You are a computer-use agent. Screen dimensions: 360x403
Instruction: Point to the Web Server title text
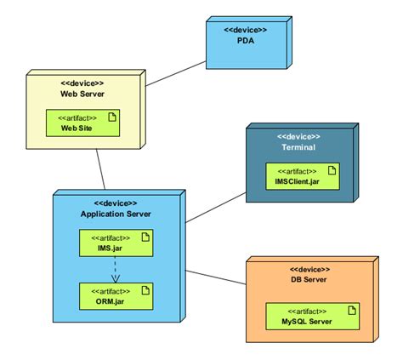click(x=82, y=94)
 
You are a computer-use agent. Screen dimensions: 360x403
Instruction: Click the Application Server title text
click(x=116, y=214)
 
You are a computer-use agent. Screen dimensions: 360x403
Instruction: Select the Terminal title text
click(x=298, y=147)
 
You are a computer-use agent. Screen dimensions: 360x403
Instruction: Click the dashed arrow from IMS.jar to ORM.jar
click(x=115, y=269)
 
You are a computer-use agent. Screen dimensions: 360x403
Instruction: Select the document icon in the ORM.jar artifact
click(x=144, y=291)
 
